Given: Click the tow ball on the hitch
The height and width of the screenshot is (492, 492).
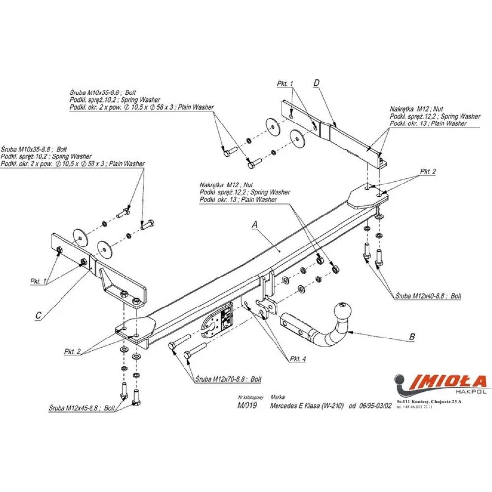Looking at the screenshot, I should [x=340, y=311].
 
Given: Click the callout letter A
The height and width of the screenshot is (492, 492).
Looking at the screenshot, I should [x=255, y=224].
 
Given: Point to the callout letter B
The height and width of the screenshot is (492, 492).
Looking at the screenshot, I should [x=412, y=337].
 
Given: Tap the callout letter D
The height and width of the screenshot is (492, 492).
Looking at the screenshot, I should [x=317, y=83].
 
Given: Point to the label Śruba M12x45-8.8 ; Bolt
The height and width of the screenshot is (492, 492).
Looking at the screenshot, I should [x=82, y=408].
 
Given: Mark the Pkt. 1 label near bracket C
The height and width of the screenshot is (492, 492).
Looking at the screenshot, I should [x=38, y=281].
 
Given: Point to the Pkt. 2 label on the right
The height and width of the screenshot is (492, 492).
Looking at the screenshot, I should [x=428, y=172].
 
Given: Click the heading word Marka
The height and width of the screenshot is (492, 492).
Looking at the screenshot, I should [x=277, y=396].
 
